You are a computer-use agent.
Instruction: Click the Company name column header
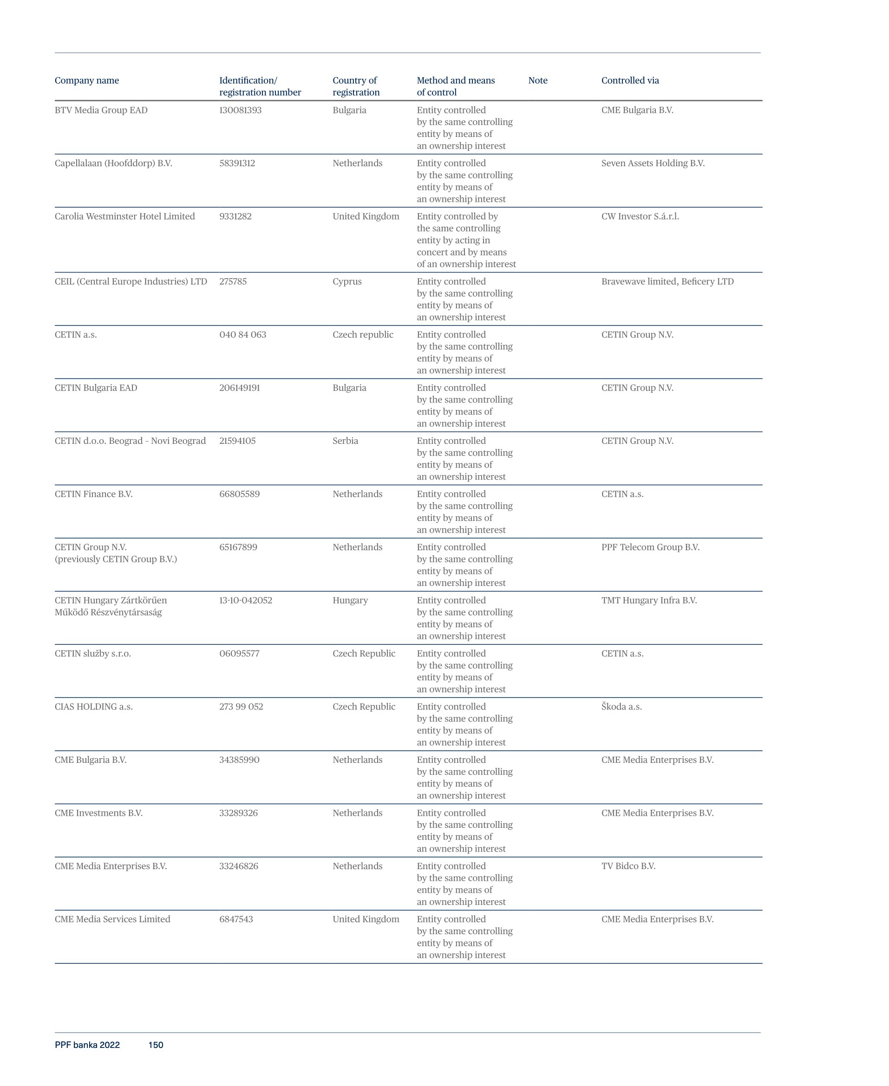(86, 80)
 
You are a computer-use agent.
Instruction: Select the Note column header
(538, 80)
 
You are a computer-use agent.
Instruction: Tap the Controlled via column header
(630, 80)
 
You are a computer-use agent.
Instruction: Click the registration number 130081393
(240, 110)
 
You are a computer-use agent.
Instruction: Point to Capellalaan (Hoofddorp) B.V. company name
(113, 163)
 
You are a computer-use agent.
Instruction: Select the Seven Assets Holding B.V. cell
(653, 163)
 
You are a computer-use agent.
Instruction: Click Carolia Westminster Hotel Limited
(124, 216)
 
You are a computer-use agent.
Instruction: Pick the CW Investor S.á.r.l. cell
(640, 216)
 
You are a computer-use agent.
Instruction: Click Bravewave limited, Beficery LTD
(667, 281)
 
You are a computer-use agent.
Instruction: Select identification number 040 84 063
(243, 335)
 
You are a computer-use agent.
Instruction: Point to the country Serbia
(345, 441)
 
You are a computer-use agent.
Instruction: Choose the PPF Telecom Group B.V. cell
(650, 547)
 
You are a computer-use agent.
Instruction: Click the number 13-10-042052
(246, 600)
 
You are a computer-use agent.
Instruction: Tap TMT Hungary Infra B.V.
(649, 600)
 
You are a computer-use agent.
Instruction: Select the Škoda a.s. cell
(621, 707)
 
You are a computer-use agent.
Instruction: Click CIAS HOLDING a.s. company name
(94, 707)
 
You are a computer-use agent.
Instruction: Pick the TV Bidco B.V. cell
(628, 866)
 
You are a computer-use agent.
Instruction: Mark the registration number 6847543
(236, 919)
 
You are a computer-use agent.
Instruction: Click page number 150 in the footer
(156, 1045)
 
